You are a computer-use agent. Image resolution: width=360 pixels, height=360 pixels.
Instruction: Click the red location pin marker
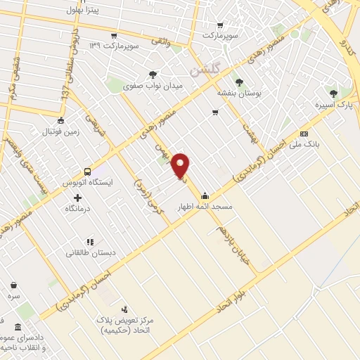click(x=181, y=166)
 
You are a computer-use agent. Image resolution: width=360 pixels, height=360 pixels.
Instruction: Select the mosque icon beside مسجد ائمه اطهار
click(x=205, y=195)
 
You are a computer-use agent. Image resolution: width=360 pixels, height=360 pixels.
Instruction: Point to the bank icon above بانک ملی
click(x=304, y=133)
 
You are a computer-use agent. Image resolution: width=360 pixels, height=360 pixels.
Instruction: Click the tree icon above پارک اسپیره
click(x=333, y=93)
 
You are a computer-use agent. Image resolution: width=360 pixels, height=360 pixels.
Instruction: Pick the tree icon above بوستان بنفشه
click(x=239, y=82)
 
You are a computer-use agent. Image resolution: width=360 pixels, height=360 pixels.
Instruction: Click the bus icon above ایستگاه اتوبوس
click(x=87, y=171)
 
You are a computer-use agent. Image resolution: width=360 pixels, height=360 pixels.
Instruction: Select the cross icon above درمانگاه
click(x=78, y=198)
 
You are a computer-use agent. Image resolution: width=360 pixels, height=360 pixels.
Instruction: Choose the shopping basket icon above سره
click(x=14, y=285)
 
